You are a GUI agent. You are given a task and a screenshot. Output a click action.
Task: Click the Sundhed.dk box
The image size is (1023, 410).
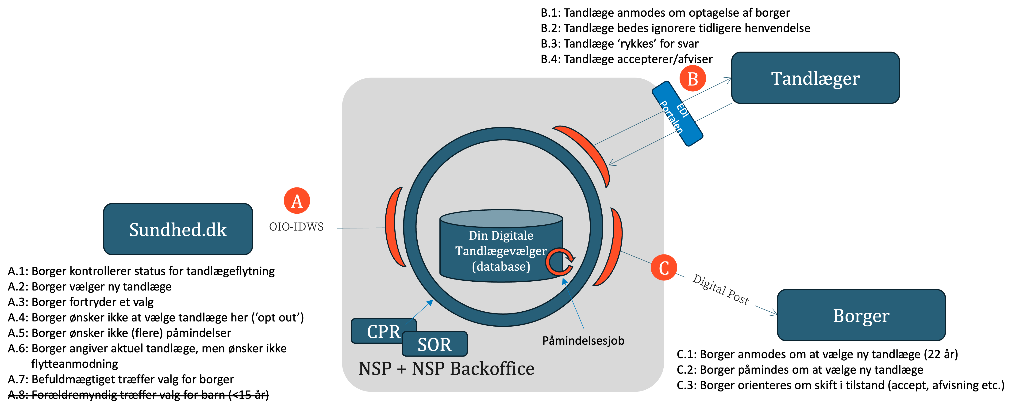click(x=178, y=229)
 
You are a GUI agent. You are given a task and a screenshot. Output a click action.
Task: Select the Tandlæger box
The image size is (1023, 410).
click(x=815, y=78)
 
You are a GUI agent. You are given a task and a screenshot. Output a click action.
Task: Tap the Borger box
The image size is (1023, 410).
click(x=861, y=315)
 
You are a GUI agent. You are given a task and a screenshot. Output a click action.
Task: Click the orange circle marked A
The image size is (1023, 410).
click(x=297, y=201)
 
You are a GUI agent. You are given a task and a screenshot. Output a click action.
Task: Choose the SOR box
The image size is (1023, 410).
click(x=435, y=344)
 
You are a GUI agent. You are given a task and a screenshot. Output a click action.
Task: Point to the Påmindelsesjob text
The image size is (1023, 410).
click(x=583, y=341)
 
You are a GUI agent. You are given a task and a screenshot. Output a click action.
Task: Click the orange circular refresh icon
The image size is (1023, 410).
click(x=560, y=262)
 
